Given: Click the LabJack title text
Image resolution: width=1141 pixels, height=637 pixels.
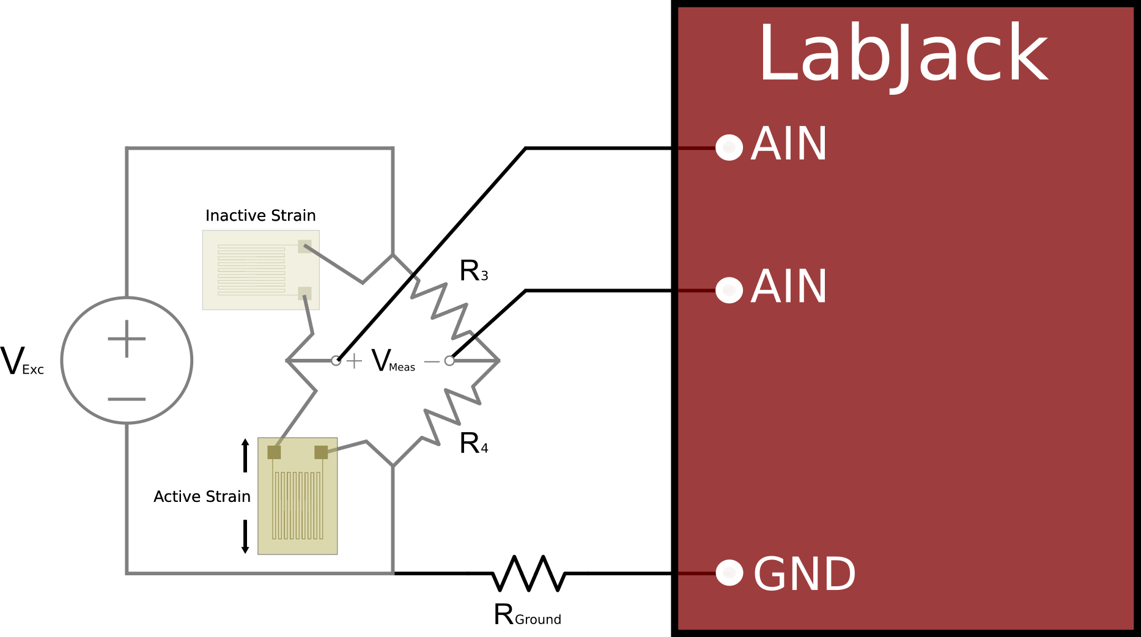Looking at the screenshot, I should click(x=903, y=55).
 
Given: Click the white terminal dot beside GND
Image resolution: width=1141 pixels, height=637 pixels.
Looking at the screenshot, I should click(x=729, y=573).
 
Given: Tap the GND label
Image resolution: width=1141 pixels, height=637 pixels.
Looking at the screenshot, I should click(x=804, y=574).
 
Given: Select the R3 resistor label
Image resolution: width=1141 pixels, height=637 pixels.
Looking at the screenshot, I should click(x=473, y=271).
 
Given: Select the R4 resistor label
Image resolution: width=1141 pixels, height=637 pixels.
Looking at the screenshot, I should click(x=473, y=443).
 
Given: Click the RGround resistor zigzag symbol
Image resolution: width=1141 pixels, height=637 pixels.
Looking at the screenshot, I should click(x=528, y=573).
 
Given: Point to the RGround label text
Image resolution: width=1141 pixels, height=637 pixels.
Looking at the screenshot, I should click(x=527, y=615).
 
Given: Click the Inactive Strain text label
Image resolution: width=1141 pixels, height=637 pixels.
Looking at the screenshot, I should click(x=260, y=216).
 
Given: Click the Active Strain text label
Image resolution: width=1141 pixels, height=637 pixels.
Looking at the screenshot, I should click(x=202, y=496).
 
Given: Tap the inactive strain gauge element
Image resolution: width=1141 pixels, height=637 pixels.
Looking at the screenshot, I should click(x=261, y=270).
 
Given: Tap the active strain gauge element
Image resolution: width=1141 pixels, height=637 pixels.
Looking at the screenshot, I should click(x=298, y=496).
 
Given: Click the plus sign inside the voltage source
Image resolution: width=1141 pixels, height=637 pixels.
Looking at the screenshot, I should click(x=127, y=339).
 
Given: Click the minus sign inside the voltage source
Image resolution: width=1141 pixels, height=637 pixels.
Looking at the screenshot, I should click(x=127, y=399).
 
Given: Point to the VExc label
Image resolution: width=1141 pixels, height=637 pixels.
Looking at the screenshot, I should click(x=22, y=361).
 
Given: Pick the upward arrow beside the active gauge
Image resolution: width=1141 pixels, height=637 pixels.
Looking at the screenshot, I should click(x=245, y=455).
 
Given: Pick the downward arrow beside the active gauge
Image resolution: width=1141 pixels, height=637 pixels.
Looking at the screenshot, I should click(x=245, y=537).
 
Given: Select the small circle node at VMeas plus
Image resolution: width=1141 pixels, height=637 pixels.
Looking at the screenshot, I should click(x=336, y=361).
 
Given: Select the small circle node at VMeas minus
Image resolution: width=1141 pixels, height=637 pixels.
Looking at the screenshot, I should click(x=449, y=361).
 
